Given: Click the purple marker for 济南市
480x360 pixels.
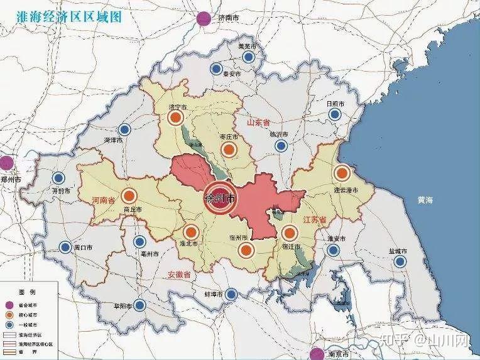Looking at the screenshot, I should [204, 19].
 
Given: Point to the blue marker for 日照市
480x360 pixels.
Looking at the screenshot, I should [335, 114].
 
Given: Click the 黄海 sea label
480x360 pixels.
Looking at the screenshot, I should [425, 200].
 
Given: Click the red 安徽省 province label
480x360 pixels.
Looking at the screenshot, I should [179, 274].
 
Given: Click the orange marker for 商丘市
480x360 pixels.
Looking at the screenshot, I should [129, 195].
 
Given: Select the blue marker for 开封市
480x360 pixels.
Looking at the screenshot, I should [60, 178].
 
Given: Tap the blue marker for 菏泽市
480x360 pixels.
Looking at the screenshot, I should [125, 129].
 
